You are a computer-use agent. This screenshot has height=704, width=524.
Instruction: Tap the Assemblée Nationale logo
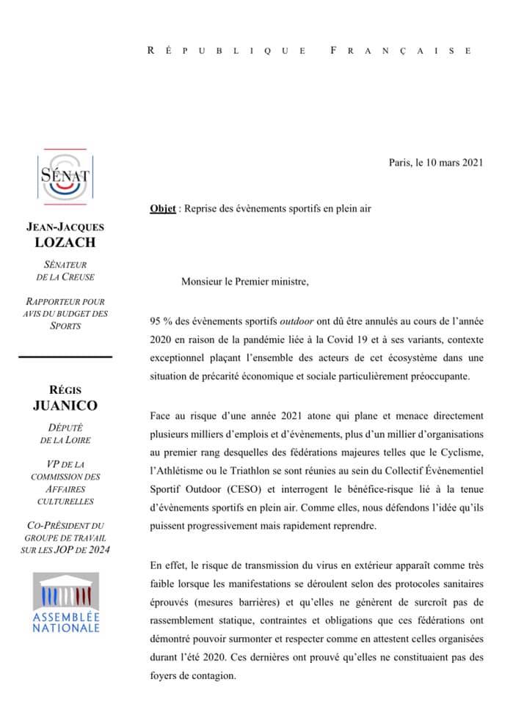65,604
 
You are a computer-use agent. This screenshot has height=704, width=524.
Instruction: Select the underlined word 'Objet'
162,208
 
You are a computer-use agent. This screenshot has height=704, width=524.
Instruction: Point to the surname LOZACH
65,243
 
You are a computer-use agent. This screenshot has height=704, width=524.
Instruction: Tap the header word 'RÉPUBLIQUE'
228,51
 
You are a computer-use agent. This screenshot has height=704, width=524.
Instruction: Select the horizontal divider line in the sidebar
65,356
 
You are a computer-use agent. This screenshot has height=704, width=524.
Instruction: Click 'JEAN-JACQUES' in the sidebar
65,228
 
